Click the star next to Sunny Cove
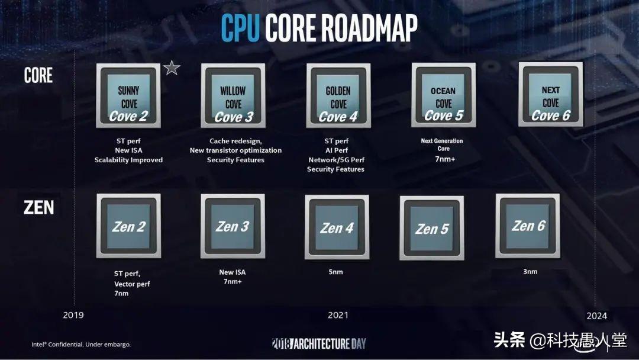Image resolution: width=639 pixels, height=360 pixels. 172,68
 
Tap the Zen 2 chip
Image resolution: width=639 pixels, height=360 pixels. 128,226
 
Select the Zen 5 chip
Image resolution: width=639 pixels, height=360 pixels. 431,228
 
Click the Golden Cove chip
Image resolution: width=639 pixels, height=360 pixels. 338,96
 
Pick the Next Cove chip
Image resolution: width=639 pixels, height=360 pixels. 550,95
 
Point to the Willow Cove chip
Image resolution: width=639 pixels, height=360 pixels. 233,96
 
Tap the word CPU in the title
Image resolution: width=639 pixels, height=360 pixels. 240,27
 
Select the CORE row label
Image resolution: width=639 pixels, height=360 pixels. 38,76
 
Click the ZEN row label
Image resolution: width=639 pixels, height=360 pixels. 38,208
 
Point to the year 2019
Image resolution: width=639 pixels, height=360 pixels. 73,315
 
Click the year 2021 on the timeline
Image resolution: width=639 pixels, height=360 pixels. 338,315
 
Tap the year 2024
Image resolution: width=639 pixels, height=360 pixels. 596,316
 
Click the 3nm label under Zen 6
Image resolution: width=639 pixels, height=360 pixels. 530,271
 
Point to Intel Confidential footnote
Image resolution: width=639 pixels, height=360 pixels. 81,344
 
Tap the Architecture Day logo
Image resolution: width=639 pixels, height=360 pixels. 319,343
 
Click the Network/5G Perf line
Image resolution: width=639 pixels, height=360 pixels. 335,160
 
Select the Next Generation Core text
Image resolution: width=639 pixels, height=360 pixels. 442,144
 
